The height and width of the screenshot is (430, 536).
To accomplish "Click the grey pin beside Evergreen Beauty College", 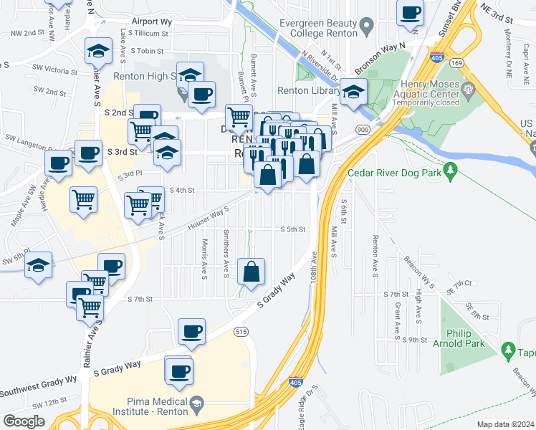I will click(366, 28).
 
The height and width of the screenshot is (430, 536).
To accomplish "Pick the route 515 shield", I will click(241, 331).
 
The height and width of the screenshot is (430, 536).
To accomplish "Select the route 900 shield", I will click(363, 130).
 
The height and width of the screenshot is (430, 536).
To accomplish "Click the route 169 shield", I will click(456, 62).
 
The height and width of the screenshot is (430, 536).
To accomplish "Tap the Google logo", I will click(24, 421).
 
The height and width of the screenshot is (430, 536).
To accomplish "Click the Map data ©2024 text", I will click(506, 424).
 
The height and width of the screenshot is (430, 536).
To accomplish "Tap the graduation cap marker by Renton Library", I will click(353, 92).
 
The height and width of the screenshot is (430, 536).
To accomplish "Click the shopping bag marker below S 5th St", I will click(252, 272).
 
